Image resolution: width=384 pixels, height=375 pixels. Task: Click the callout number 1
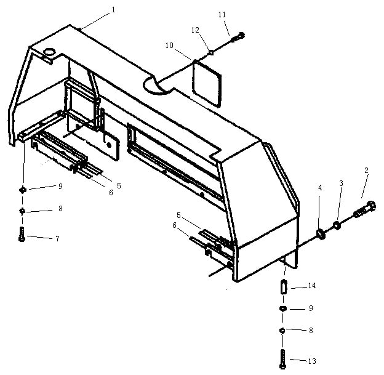point(113,10)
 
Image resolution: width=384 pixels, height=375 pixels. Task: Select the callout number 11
point(222,15)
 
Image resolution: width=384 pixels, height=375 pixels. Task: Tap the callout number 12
point(195,30)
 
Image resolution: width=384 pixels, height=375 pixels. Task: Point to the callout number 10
point(169,46)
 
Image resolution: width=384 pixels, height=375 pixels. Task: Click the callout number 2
point(366,171)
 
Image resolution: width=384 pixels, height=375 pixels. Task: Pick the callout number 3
point(341,183)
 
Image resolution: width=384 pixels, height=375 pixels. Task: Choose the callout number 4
point(320,188)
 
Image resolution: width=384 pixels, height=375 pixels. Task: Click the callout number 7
point(57,238)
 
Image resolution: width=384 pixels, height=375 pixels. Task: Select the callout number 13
point(312,361)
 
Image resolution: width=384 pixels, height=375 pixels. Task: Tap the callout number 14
point(312,286)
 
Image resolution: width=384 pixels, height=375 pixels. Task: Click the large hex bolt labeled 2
point(365,209)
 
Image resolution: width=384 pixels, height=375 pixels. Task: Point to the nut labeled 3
point(337,225)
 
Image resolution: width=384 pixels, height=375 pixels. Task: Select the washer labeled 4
point(321,234)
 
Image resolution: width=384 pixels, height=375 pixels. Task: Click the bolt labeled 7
point(22,235)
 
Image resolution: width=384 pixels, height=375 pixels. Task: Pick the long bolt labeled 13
point(282,359)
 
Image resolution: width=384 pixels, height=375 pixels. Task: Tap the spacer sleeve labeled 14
point(283,287)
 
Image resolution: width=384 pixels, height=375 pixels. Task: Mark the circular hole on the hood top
point(50,52)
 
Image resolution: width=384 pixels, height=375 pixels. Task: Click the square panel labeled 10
point(207,83)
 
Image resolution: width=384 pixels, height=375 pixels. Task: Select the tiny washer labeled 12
point(211,52)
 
